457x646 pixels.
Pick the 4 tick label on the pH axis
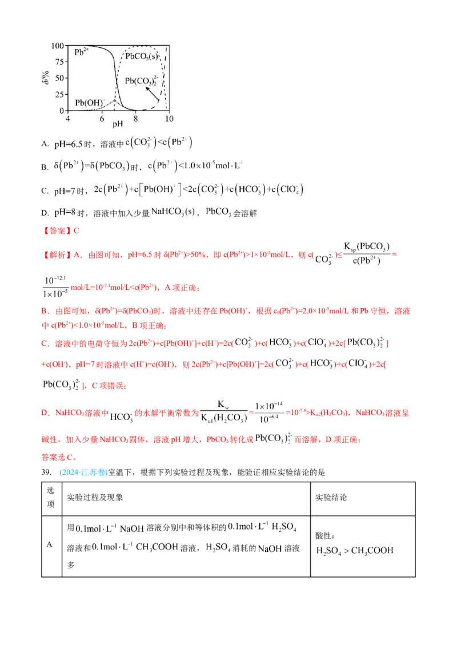(68, 118)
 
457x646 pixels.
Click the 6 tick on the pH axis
(102, 118)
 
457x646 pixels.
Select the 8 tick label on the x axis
(136, 118)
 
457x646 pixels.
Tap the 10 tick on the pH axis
(169, 118)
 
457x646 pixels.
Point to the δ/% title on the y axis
(46, 78)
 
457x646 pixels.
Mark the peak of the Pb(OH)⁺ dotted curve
(114, 100)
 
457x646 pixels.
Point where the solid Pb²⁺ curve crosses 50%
(117, 78)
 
